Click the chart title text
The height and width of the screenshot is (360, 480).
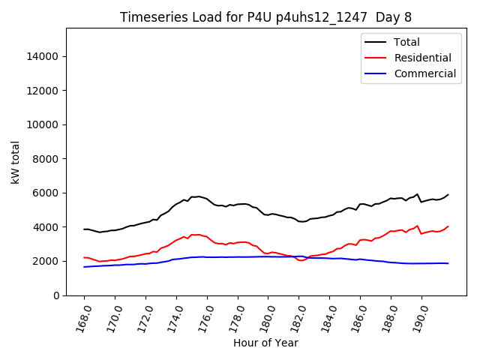[265, 17]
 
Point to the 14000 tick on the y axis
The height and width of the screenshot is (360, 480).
[43, 56]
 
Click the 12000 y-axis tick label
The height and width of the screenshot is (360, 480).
[43, 91]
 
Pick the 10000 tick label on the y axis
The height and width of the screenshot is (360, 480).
[43, 124]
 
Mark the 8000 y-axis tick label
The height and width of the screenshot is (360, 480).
[46, 159]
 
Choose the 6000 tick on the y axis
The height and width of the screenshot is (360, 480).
[46, 193]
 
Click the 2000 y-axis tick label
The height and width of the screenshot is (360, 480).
[46, 261]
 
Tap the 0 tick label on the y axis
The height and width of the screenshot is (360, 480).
[55, 295]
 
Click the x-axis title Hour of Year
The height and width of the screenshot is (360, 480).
[265, 343]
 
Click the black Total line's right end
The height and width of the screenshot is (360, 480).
[448, 195]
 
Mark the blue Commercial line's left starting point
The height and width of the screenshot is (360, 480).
[84, 267]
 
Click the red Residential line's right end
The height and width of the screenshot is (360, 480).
[448, 226]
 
